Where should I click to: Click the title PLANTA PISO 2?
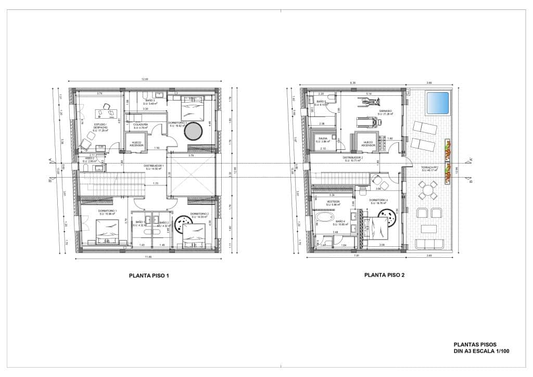(x=384, y=276)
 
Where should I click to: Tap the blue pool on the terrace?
(x=436, y=103)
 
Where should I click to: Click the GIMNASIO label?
(x=385, y=111)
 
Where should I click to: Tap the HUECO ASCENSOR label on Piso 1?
(x=137, y=143)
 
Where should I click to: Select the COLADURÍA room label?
(x=141, y=125)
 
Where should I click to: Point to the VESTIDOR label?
(x=333, y=201)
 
